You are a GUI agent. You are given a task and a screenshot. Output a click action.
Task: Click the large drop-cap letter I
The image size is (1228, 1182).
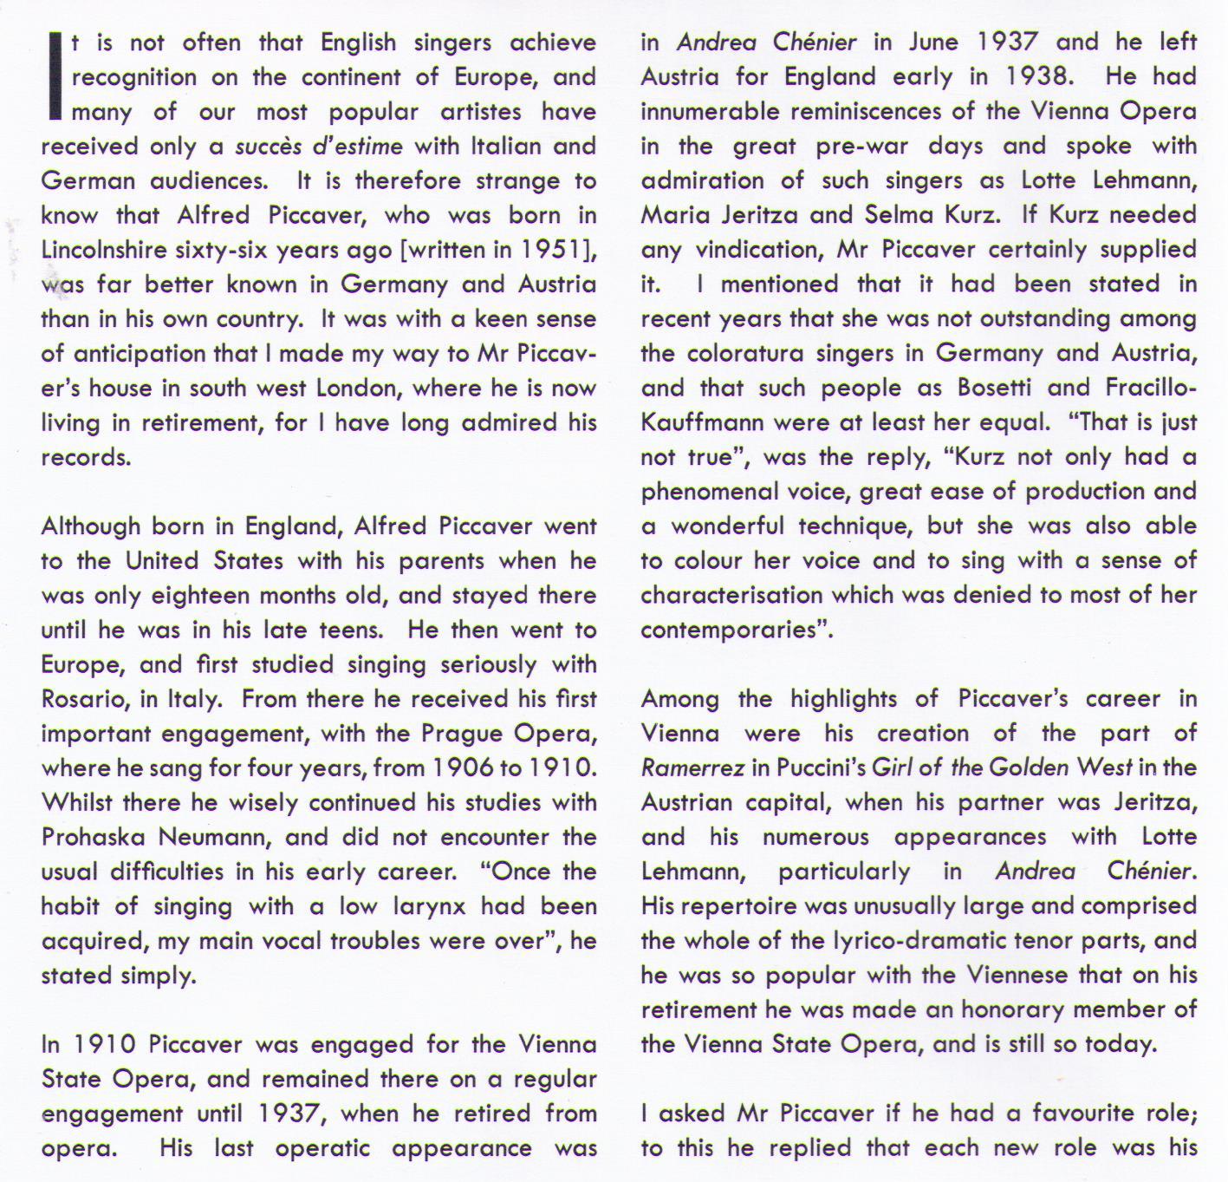pos(56,76)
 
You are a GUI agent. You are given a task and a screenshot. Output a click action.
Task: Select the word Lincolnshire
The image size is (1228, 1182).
pos(103,250)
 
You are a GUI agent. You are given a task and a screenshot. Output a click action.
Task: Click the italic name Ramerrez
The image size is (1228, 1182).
pos(693,768)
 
